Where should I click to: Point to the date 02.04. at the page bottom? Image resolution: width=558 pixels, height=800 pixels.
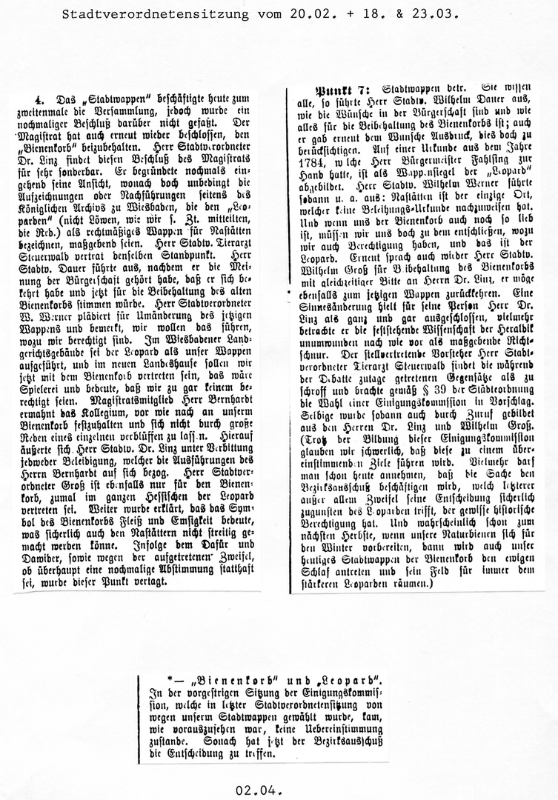259,790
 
